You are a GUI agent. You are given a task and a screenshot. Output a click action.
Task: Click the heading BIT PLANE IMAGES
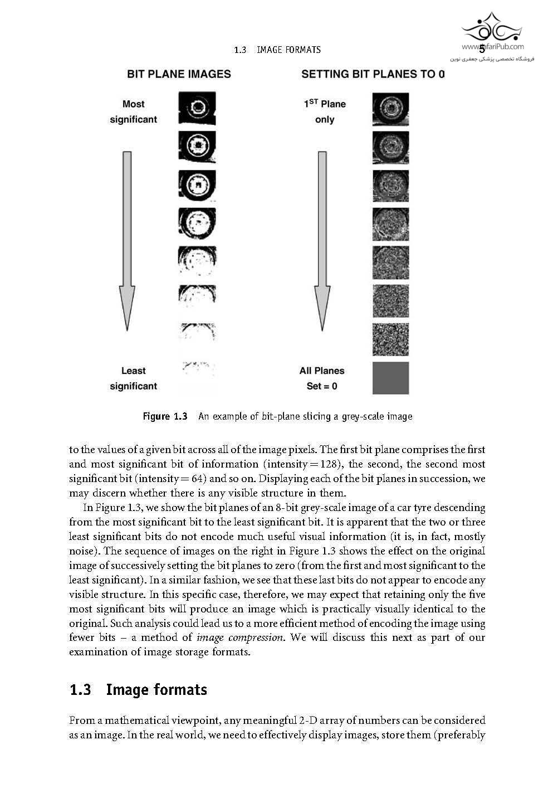click(x=179, y=74)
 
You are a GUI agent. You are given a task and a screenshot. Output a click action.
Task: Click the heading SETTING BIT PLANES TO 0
click(x=373, y=74)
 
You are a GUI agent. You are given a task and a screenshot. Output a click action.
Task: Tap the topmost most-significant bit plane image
click(x=197, y=109)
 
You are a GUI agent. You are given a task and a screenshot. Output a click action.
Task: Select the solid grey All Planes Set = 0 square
click(x=390, y=378)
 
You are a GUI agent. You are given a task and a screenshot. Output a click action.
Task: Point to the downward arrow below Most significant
click(x=128, y=240)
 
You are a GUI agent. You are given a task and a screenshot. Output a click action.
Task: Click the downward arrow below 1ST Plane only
click(x=322, y=240)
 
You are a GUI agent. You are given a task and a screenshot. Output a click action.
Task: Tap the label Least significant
click(x=133, y=378)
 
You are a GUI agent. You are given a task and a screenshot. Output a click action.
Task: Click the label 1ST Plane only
click(x=325, y=111)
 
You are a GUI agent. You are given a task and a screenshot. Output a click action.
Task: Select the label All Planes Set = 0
click(x=322, y=378)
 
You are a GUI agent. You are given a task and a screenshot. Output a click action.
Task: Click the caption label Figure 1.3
click(x=165, y=416)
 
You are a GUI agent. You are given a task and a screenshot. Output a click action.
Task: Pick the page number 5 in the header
click(x=482, y=49)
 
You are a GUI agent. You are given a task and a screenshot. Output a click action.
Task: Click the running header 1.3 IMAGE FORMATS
click(x=277, y=50)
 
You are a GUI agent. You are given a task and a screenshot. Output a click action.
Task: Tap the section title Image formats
click(x=156, y=690)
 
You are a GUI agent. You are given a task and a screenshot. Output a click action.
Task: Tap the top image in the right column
click(x=390, y=109)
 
